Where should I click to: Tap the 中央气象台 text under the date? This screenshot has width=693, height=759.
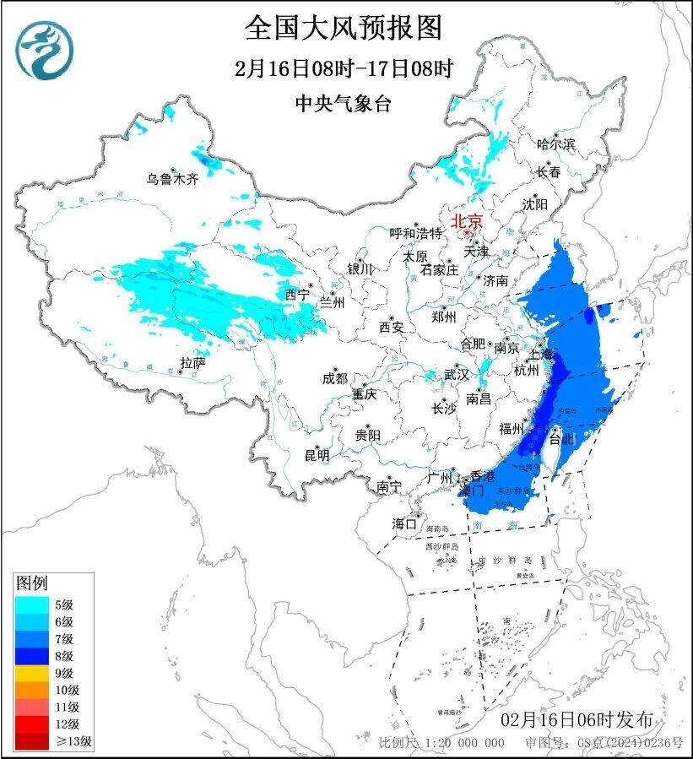[x=344, y=104]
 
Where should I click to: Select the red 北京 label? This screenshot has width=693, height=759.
[x=467, y=221]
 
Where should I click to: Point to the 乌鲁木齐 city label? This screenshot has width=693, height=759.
[x=171, y=179]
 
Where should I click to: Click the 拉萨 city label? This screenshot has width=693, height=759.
[x=192, y=363]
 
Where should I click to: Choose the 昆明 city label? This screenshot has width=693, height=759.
[x=317, y=455]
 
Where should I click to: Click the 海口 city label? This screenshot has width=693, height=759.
[x=404, y=524]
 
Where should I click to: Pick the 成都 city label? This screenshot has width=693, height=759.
[x=334, y=379]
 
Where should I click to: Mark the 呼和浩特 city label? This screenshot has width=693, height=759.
[x=415, y=233]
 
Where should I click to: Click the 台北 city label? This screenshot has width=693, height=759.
[x=561, y=439]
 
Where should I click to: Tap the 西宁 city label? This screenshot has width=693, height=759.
[x=297, y=295]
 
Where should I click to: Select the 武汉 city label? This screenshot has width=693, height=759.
[x=457, y=374]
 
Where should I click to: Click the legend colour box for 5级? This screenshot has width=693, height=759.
[x=33, y=604]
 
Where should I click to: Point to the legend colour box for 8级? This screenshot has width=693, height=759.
[x=33, y=655]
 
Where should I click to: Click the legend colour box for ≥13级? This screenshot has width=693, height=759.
[x=33, y=741]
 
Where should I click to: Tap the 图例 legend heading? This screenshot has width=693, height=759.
[x=33, y=583]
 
